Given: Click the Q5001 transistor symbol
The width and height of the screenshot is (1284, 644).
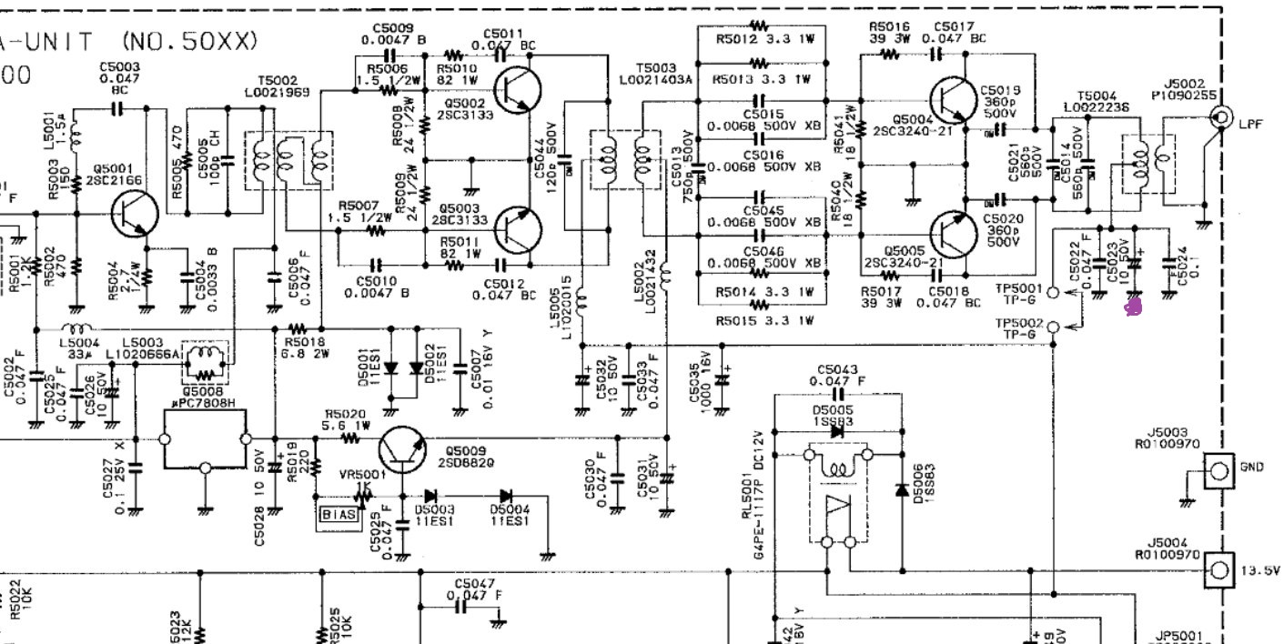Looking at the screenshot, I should coord(134,214).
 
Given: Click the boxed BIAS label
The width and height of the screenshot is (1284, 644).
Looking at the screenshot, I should coord(339,516).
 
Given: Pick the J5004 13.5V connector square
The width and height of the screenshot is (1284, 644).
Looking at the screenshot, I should coord(1218,570).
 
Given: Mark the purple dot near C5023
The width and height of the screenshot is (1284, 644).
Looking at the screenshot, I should coord(1133,308).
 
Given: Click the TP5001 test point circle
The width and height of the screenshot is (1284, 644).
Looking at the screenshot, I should coord(1053,292).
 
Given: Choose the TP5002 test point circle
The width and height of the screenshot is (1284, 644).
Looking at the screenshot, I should coord(1053,327).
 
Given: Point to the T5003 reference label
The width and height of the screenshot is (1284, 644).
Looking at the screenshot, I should coord(656,68).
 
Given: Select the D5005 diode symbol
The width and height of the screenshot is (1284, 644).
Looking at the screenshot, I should coord(837,431).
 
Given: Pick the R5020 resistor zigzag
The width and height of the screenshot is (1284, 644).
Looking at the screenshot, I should coord(349,438).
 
